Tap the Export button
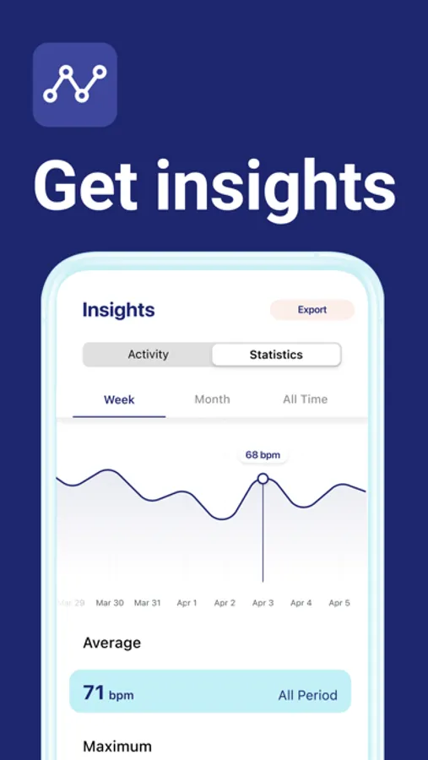coord(312,310)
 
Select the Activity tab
coord(148,355)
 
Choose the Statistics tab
coord(276,355)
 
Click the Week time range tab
coord(119,400)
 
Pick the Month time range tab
coord(212,399)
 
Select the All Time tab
coord(306,399)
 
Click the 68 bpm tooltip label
coord(263,455)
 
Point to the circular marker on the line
coord(263,479)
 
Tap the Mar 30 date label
coord(110,603)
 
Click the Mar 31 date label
coord(148,603)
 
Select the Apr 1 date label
coord(187,603)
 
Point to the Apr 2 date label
coord(225,603)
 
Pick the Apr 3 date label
coord(263,603)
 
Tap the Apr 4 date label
coord(301,603)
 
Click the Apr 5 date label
coord(339,603)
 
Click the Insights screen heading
coord(119,310)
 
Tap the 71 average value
coord(94,692)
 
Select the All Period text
coord(308,696)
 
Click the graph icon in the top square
coord(75,84)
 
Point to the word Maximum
coord(117,746)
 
